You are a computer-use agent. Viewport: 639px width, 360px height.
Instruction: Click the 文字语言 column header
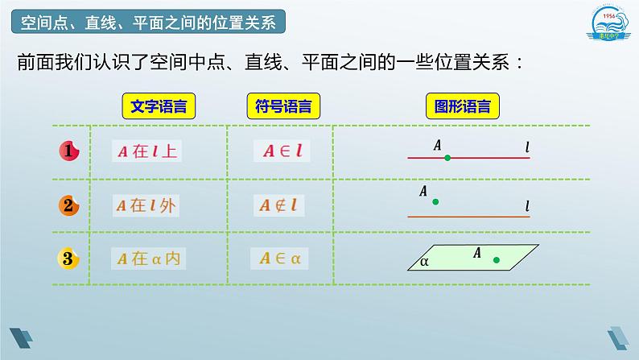tap(159, 106)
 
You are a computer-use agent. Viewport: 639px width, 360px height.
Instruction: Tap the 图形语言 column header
tap(463, 106)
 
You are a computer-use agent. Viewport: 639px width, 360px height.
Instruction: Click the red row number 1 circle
tap(69, 151)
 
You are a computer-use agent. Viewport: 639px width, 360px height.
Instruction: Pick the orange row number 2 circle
tap(69, 205)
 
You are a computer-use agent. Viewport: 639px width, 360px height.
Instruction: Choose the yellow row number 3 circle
tap(69, 259)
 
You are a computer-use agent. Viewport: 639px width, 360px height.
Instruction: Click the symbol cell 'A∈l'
tap(281, 151)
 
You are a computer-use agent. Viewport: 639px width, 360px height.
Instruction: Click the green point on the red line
tap(447, 158)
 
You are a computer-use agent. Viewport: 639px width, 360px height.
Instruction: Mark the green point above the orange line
tap(435, 202)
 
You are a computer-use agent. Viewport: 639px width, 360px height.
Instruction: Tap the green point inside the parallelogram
tap(496, 259)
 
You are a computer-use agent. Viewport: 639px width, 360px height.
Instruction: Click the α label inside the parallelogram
tap(424, 261)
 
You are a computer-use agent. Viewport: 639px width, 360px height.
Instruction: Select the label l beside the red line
tap(527, 147)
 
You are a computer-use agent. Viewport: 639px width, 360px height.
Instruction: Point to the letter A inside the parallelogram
tap(476, 253)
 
